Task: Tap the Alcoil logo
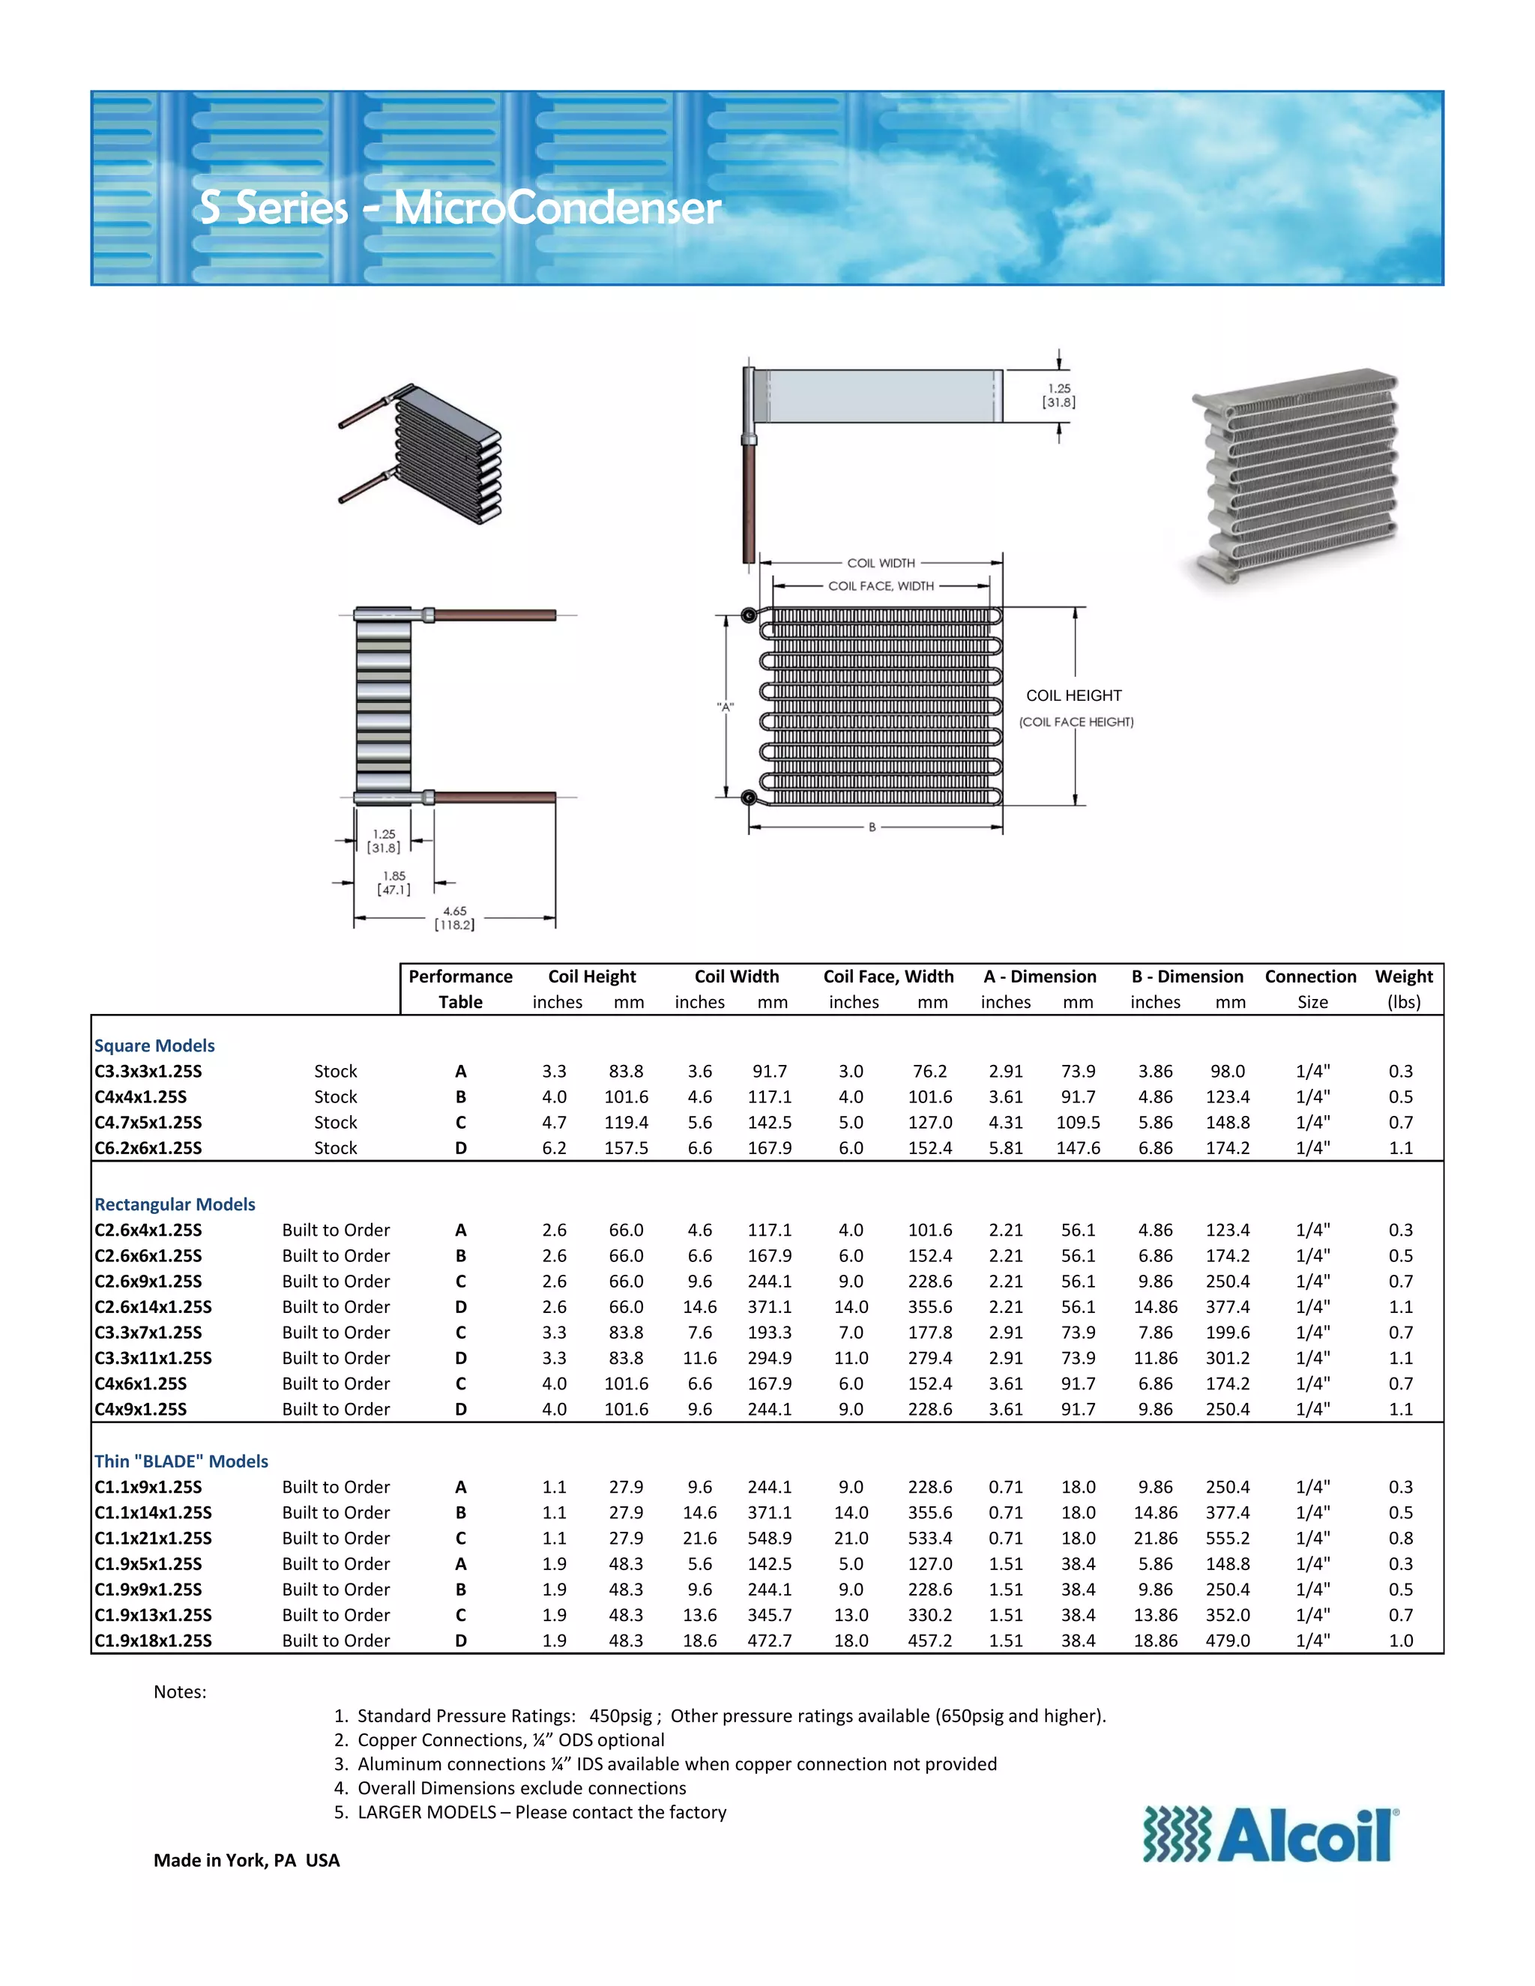[x=1270, y=1836]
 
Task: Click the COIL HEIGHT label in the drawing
[x=1073, y=695]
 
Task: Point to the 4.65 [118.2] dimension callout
[x=455, y=917]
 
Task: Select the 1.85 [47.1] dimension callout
[x=393, y=882]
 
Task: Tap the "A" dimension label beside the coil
[x=725, y=707]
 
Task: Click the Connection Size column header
[x=1310, y=989]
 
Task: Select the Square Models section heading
[x=154, y=1045]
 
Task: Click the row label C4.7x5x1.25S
[x=148, y=1122]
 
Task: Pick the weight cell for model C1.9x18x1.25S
[x=1400, y=1641]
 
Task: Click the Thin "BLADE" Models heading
[x=181, y=1461]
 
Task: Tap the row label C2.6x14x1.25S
[x=153, y=1307]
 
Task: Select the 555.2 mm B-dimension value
[x=1228, y=1538]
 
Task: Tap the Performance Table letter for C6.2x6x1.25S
[x=461, y=1147]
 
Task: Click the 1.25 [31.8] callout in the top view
[x=1058, y=396]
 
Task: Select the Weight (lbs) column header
[x=1403, y=989]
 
